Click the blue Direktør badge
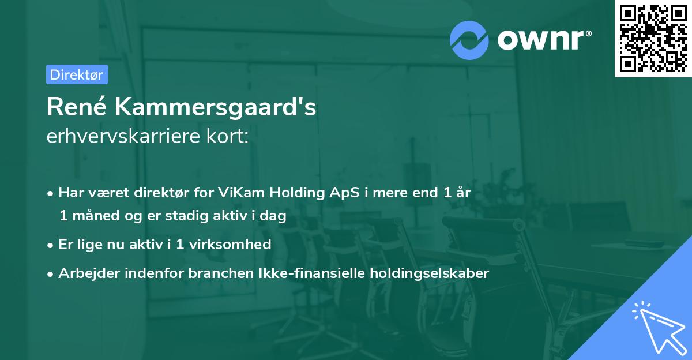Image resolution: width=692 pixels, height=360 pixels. [x=77, y=74]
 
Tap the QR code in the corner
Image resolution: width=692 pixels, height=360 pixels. [x=653, y=39]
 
